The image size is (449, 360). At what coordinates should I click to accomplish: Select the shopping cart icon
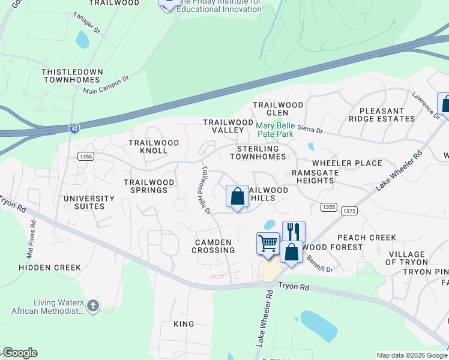(x=268, y=243)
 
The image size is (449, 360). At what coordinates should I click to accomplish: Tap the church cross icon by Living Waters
(x=92, y=306)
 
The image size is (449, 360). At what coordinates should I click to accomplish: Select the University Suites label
(x=89, y=202)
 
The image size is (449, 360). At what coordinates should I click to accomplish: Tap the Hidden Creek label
(x=49, y=268)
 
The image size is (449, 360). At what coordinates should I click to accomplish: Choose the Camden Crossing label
(x=213, y=246)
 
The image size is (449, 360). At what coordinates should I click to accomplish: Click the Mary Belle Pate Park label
(x=276, y=130)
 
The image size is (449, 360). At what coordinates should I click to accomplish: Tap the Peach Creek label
(x=366, y=238)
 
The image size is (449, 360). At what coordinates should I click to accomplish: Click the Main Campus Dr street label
(x=106, y=85)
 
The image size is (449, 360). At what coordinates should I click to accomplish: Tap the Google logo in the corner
(x=20, y=353)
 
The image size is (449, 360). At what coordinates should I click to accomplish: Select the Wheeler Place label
(x=347, y=163)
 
